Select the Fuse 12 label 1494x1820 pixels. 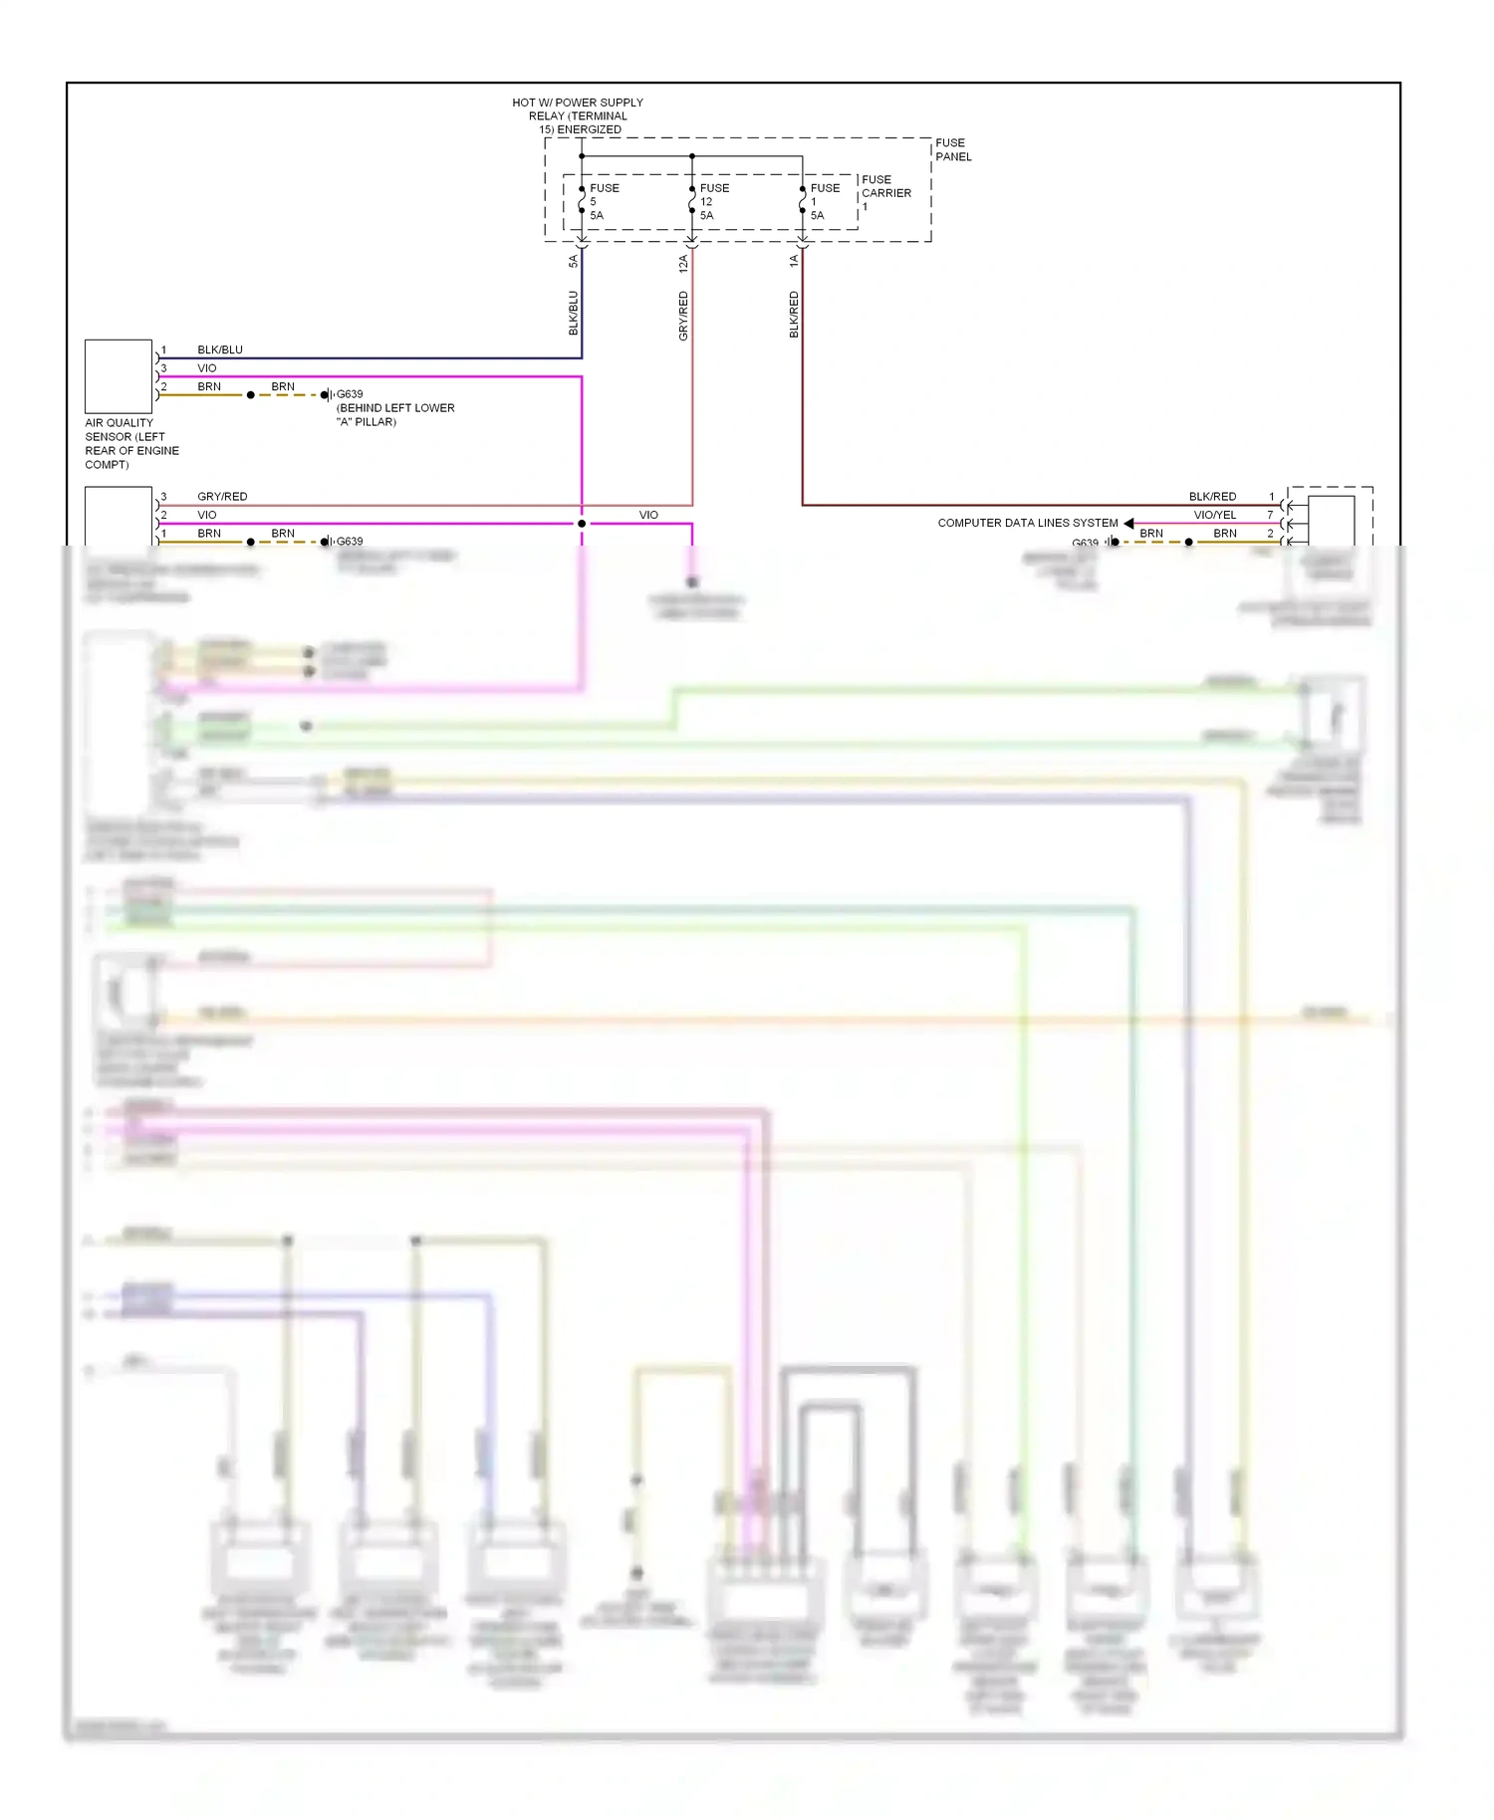[713, 201]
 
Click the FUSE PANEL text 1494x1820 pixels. [952, 149]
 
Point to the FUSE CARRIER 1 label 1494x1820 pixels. [884, 192]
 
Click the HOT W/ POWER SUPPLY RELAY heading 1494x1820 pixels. [578, 115]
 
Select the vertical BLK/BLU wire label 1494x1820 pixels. [573, 313]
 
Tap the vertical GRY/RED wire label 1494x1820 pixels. [683, 316]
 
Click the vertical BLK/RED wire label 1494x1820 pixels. [794, 315]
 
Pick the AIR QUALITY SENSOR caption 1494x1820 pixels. [130, 443]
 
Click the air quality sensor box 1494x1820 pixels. [119, 376]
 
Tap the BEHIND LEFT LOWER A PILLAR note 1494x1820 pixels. [395, 414]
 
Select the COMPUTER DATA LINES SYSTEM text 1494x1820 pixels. [1027, 523]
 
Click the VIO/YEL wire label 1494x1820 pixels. [1214, 515]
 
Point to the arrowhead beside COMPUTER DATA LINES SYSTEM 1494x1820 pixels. [1128, 523]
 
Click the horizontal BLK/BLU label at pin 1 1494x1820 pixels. [219, 349]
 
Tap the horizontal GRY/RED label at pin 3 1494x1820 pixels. [222, 496]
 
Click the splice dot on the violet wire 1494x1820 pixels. [582, 524]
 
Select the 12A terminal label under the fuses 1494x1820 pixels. [683, 263]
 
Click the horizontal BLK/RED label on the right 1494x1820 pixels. [1212, 496]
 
